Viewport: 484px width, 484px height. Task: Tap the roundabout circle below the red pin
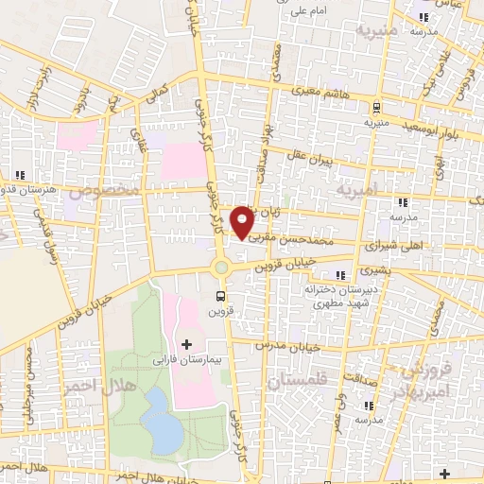click(221, 268)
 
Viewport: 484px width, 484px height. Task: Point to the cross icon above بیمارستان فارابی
click(186, 343)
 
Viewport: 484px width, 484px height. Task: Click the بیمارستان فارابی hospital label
click(186, 361)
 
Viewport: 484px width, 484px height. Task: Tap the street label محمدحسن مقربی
click(288, 241)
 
